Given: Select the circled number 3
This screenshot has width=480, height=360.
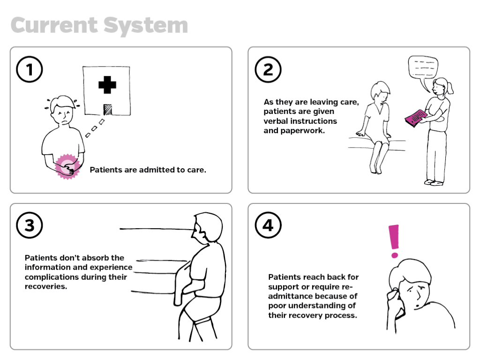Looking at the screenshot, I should tap(29, 225).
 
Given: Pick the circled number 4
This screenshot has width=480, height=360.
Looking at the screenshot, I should tap(268, 225).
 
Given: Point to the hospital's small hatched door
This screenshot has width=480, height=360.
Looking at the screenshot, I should tap(107, 109).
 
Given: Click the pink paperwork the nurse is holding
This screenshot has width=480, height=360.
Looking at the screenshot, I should tap(415, 118).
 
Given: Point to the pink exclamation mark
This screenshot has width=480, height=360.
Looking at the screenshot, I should tap(394, 240).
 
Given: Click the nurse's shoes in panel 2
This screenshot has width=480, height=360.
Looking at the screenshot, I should tap(434, 182).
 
